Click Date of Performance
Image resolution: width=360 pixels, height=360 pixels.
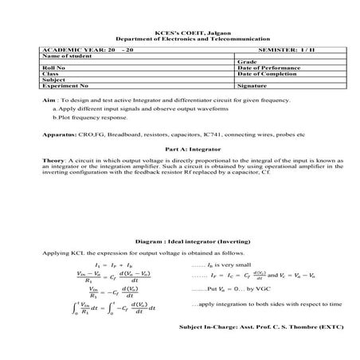(267, 68)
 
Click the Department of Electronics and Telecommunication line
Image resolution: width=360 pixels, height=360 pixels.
(179, 38)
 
